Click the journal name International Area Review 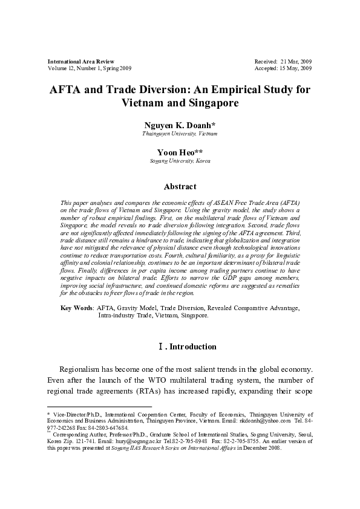pyautogui.click(x=80, y=62)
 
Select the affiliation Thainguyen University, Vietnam pyautogui.click(x=180, y=134)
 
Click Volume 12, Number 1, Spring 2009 pyautogui.click(x=89, y=69)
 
